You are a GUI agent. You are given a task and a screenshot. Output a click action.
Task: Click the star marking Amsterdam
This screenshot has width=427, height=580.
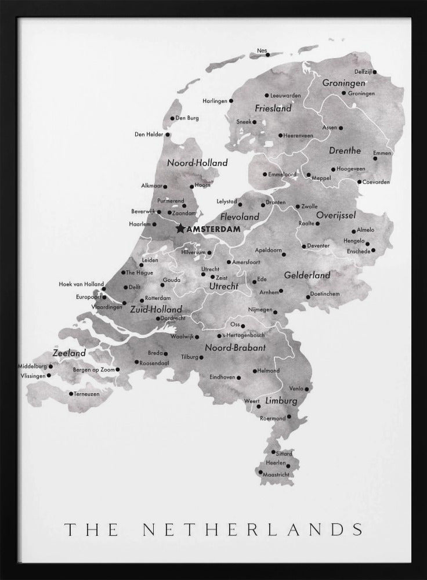[x=180, y=229]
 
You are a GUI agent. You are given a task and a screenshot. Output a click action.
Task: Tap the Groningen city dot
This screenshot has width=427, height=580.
[x=343, y=93]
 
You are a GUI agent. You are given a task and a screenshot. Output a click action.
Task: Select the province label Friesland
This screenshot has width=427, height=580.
[x=273, y=108]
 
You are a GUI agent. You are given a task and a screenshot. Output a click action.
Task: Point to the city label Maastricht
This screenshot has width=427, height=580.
[x=276, y=474]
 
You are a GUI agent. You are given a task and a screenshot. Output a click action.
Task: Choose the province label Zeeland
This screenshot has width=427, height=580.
[x=69, y=353]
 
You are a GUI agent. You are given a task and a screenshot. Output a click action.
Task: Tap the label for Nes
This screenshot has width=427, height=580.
[x=262, y=50]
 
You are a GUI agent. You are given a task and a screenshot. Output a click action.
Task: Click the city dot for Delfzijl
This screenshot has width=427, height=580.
[x=375, y=72]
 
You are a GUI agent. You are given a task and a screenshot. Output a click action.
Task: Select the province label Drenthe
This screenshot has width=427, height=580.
[x=345, y=151]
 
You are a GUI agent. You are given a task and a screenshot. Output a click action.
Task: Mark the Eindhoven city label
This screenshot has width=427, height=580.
[x=222, y=377]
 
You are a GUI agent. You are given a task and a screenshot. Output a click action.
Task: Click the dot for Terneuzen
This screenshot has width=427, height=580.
[x=71, y=394]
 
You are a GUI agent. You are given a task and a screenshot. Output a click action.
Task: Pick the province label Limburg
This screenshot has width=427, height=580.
[x=281, y=401]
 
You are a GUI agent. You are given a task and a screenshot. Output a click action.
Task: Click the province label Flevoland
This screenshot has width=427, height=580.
[x=240, y=217]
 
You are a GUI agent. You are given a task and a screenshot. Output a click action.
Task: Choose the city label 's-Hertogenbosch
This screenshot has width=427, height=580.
[x=244, y=336]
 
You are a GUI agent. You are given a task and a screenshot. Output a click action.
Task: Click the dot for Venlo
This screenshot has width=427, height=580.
[x=307, y=389]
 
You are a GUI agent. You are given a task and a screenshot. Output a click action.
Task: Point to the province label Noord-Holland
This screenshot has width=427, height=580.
[x=197, y=164]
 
